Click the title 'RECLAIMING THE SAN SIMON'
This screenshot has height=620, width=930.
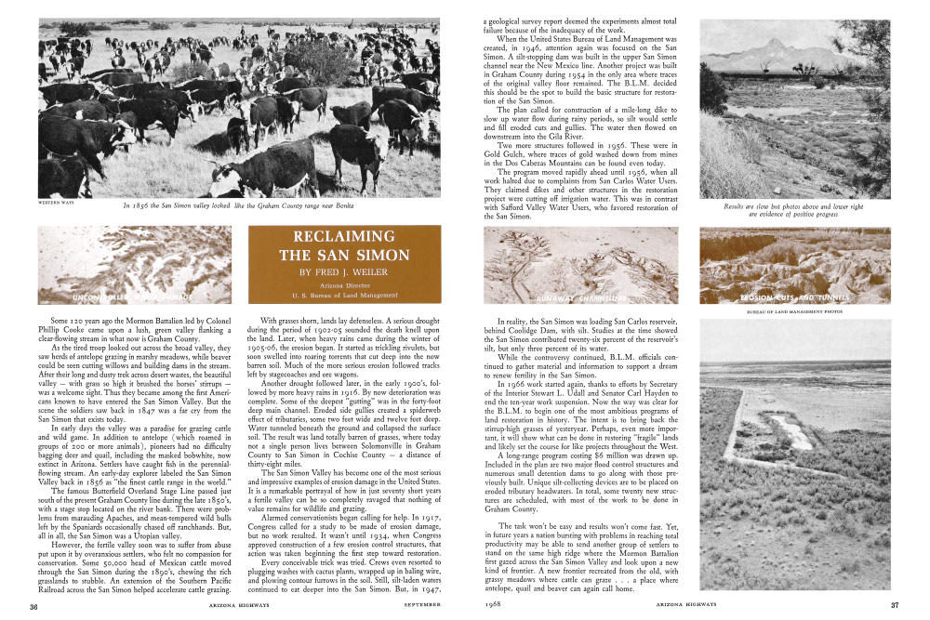(x=344, y=245)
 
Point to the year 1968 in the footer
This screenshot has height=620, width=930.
(x=494, y=605)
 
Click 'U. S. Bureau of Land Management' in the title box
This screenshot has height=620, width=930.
(x=344, y=296)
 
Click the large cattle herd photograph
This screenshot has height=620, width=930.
(x=239, y=107)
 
